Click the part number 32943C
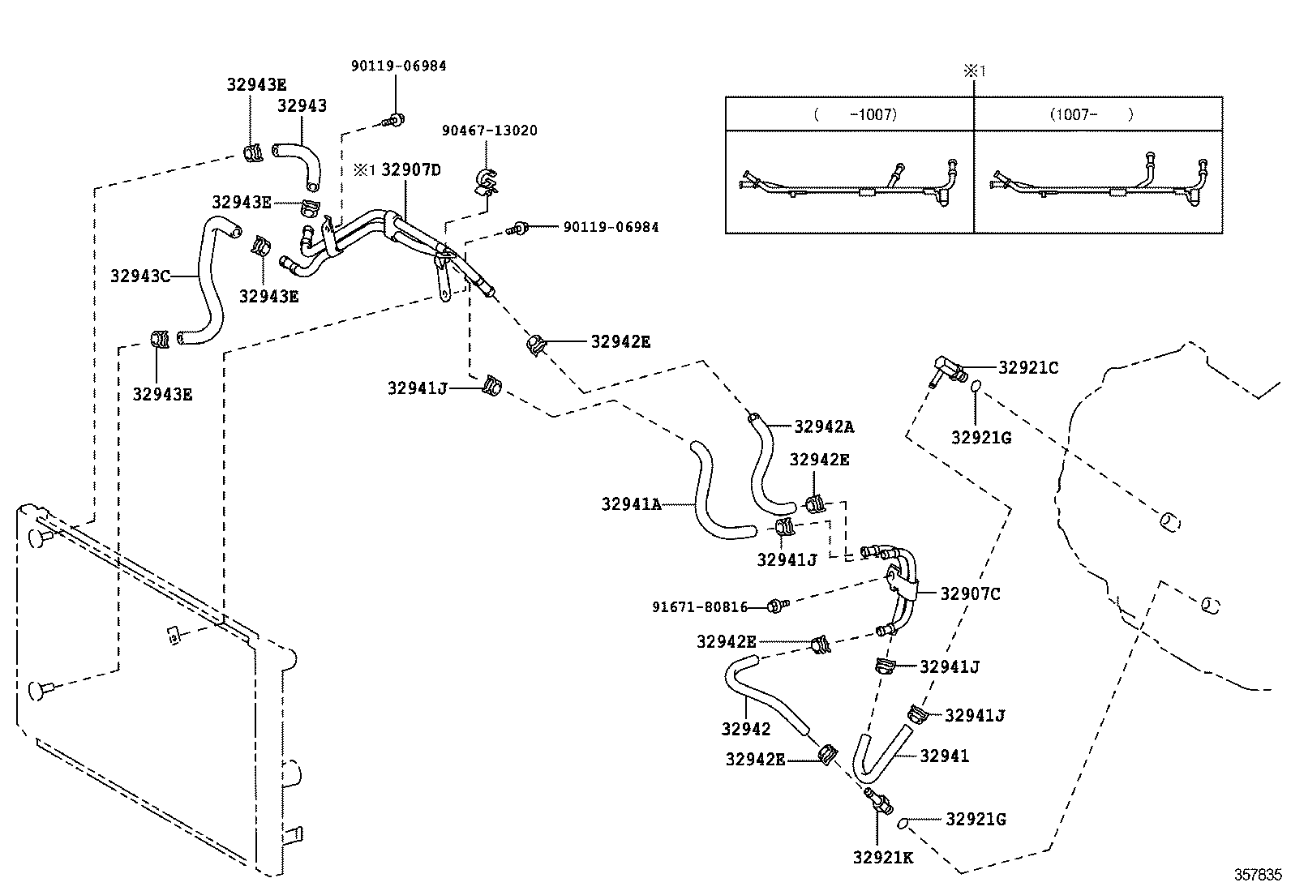[x=140, y=276]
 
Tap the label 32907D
[x=411, y=169]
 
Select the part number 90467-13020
[x=489, y=131]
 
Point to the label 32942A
[x=824, y=426]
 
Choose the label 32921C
[x=1027, y=367]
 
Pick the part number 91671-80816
[x=700, y=606]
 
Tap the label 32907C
[x=970, y=593]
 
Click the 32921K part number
[x=882, y=857]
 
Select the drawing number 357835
[x=1259, y=875]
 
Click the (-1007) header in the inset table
[x=855, y=114]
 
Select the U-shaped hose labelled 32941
[x=880, y=750]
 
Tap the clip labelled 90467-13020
[x=486, y=182]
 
